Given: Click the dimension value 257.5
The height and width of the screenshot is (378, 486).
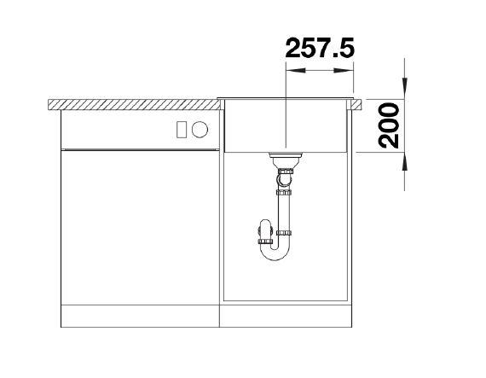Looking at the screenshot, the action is [320, 48].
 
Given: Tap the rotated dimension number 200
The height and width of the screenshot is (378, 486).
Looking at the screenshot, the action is [389, 126].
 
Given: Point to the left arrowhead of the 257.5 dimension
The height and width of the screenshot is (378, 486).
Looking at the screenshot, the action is [295, 71].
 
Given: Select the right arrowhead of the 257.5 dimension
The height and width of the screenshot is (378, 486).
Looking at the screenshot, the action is [344, 71].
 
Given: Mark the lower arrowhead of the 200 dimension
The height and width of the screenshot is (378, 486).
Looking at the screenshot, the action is [404, 162].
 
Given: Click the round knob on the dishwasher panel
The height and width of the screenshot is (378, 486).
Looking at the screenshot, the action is [200, 130].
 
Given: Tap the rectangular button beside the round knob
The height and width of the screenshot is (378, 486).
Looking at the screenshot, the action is [182, 130].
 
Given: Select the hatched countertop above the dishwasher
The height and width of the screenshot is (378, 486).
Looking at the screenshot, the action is [134, 104].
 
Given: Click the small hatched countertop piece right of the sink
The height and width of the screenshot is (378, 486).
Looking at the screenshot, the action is [356, 104].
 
